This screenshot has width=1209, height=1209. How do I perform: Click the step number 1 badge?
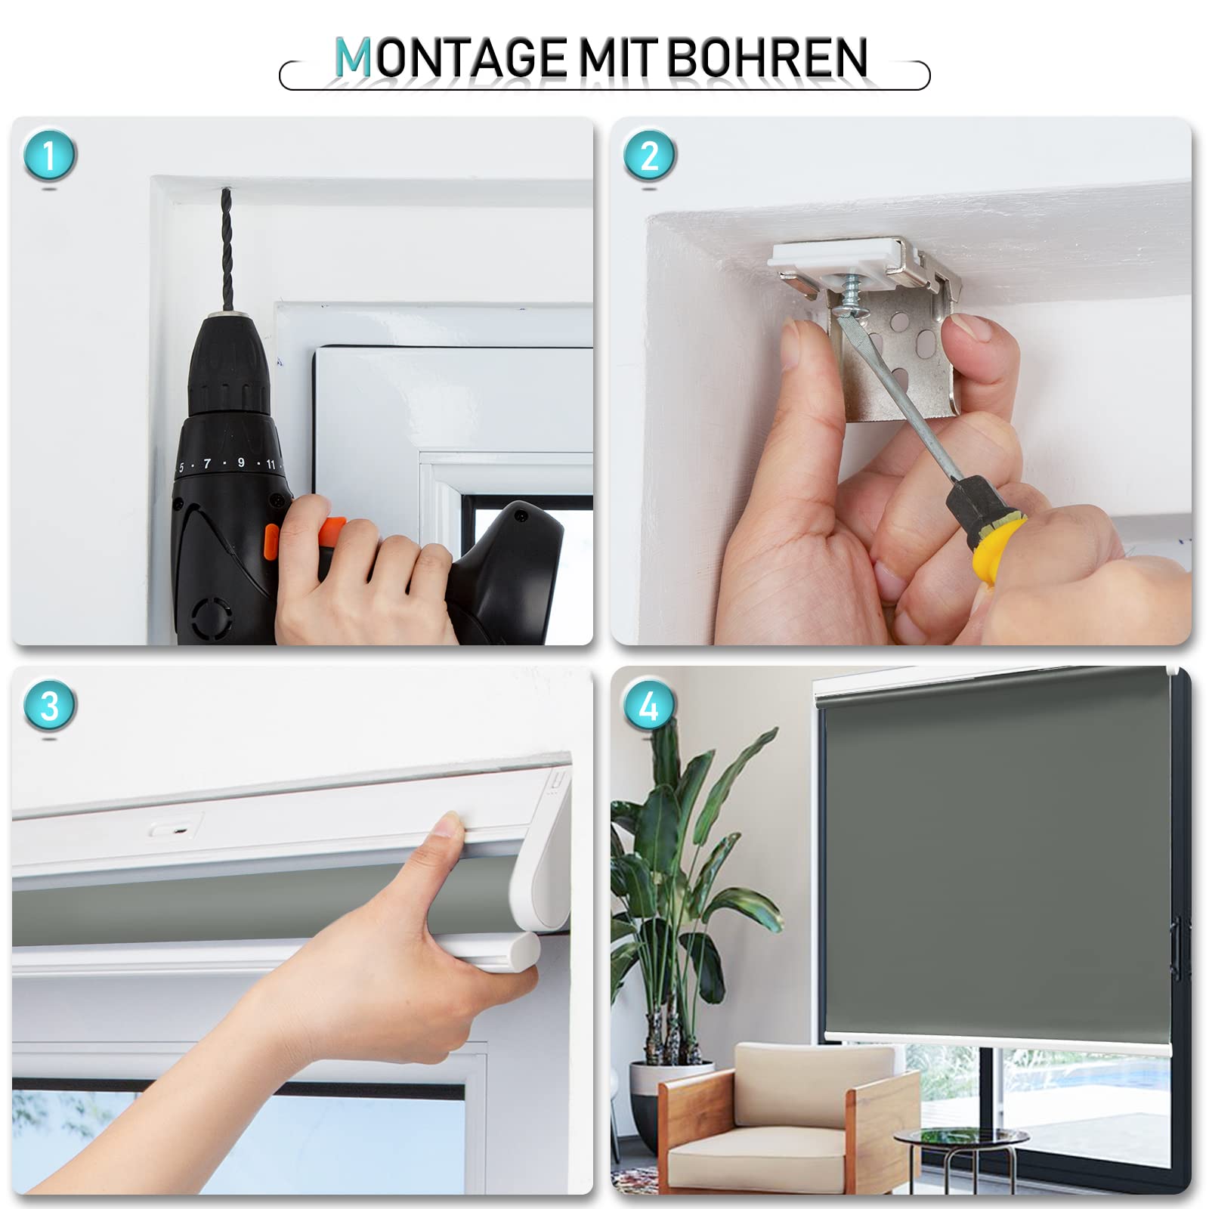[50, 156]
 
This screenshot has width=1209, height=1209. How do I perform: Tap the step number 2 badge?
[649, 156]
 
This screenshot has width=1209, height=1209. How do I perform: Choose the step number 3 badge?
[50, 706]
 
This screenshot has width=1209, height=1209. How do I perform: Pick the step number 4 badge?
[649, 706]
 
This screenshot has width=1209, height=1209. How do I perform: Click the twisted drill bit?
[226, 249]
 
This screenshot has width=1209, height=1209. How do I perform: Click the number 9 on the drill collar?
[241, 462]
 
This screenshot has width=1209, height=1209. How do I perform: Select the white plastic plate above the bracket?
[839, 257]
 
